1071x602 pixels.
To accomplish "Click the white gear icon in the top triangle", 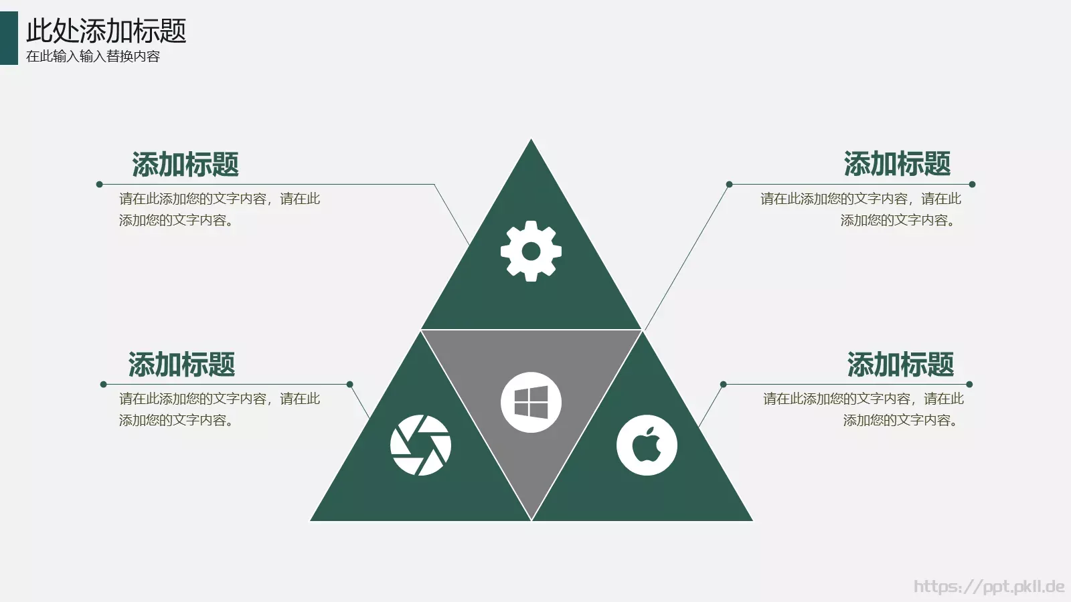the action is (x=531, y=251).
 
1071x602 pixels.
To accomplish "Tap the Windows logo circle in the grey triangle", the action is (x=531, y=402).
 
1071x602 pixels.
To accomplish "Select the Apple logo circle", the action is (x=647, y=445).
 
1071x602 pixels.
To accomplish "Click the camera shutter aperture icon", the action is (x=420, y=445).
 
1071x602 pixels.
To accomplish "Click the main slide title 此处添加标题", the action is (x=106, y=31).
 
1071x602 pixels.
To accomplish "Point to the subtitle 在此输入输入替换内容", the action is (x=93, y=56).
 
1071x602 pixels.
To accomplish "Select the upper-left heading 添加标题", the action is (x=185, y=165).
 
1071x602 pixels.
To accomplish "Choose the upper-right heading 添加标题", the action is (x=897, y=163).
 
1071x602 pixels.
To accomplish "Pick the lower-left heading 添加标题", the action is (x=181, y=364).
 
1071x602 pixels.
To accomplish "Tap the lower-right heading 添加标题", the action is (x=901, y=364).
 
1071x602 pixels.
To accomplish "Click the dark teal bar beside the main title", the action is (x=9, y=38).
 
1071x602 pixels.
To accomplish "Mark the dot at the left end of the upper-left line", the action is (x=100, y=185).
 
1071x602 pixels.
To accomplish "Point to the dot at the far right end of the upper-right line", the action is (x=972, y=185).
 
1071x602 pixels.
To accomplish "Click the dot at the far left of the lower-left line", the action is (x=103, y=384).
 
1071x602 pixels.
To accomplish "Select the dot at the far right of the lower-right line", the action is (x=969, y=384).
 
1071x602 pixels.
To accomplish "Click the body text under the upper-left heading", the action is (x=220, y=209).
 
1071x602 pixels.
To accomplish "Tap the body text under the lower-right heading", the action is (x=863, y=409).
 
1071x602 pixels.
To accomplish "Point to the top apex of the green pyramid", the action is (x=531, y=139).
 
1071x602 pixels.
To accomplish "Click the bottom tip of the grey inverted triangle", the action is (x=531, y=519).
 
